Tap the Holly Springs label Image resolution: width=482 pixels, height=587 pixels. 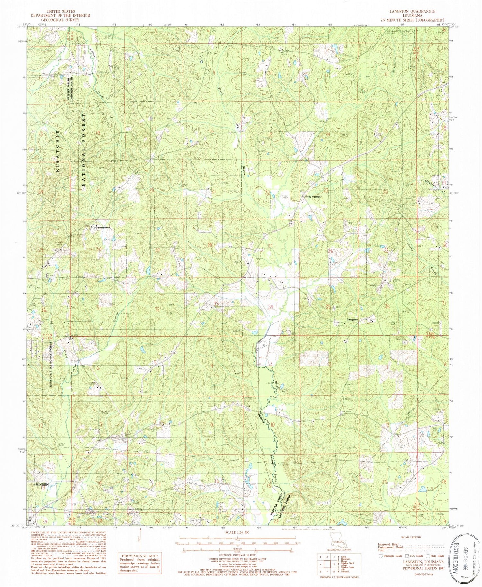313,197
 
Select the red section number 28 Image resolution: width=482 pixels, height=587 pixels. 210,245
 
